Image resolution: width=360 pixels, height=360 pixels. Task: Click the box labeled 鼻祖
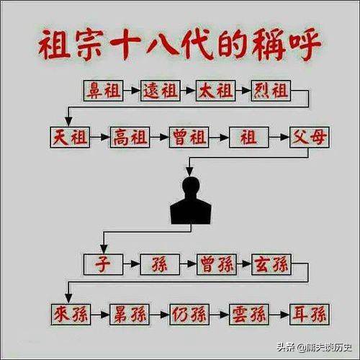pos(104,91)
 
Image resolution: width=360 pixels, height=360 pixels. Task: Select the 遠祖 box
pos(161,91)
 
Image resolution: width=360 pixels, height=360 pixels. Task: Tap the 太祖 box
pos(216,91)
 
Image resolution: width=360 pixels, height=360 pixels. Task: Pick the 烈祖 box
pos(271,91)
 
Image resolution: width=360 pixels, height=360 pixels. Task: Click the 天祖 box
pos(70,138)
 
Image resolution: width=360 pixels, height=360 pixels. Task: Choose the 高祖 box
pos(130,138)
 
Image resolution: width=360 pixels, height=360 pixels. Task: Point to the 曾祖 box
pos(189,138)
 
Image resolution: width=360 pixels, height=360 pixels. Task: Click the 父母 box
pos(310,138)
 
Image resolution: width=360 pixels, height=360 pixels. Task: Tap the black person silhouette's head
pos(191,186)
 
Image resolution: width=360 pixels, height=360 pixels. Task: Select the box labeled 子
pos(104,264)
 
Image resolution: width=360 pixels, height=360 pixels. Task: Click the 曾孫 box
pos(217,264)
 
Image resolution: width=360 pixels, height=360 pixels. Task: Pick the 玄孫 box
pos(271,264)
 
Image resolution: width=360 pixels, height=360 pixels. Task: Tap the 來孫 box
pos(71,315)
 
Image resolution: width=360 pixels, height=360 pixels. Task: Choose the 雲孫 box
pos(249,315)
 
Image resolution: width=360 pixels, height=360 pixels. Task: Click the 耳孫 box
pos(310,315)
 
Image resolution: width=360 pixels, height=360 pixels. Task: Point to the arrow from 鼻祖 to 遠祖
pos(132,91)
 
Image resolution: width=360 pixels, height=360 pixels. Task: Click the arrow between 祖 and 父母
pos(279,138)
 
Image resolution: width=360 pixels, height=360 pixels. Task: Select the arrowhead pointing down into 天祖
pos(69,122)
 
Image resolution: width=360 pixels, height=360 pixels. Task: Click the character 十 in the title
pos(125,45)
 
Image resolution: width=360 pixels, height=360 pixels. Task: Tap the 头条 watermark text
pos(286,347)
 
